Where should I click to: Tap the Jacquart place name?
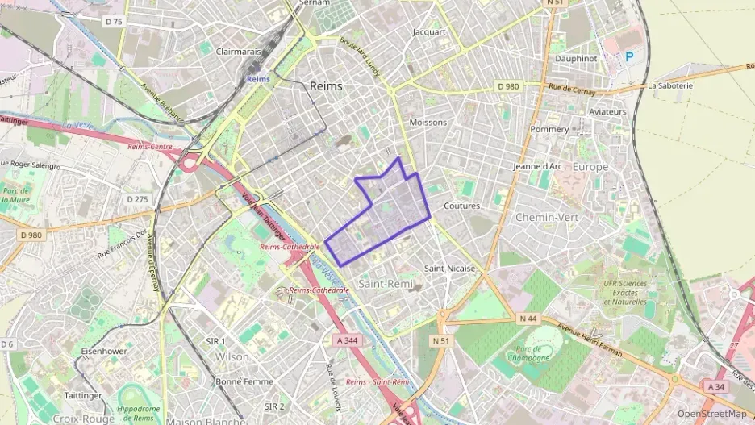(429, 32)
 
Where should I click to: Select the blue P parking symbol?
(630, 57)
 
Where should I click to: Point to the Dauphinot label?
(576, 59)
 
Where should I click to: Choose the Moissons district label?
(428, 123)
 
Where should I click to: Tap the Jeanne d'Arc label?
(537, 166)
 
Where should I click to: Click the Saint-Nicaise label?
(449, 268)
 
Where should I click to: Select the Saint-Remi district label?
(386, 285)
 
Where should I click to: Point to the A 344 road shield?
(346, 340)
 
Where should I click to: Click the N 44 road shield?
(528, 319)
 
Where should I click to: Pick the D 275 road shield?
(137, 198)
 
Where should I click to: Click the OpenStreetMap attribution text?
(711, 414)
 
